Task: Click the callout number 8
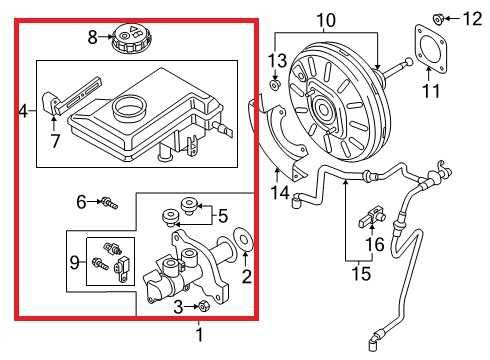[92, 37]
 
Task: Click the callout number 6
[83, 202]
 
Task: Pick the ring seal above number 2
[241, 242]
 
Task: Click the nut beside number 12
[439, 17]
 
